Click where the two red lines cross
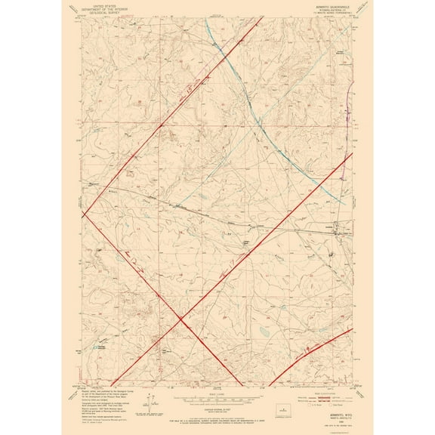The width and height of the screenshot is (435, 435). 182,321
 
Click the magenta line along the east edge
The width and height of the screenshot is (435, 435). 348,121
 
